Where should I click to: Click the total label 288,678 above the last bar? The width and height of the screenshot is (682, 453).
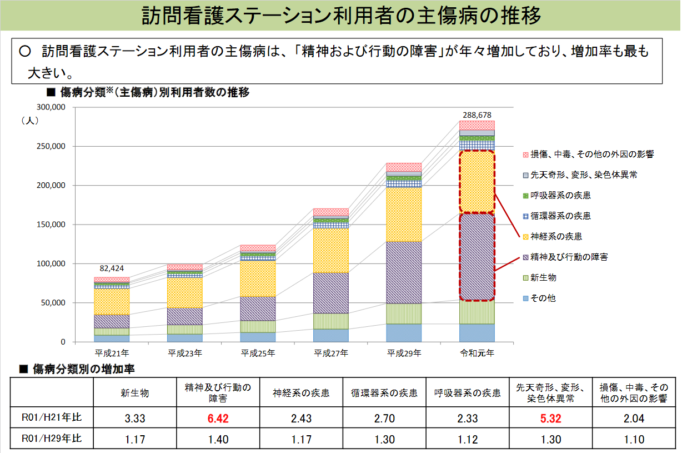pos(477,115)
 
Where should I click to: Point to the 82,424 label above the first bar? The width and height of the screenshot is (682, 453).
pos(111,268)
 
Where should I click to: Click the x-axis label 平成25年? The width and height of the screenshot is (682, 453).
pos(257,353)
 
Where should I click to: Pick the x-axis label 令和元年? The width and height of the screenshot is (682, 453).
pos(477,353)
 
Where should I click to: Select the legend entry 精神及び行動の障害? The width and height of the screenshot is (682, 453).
pos(569,257)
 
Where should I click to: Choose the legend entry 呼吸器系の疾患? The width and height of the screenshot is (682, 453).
pos(560,196)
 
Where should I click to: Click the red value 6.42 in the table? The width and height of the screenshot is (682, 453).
pos(218,418)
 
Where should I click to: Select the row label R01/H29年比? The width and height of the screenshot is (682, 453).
pos(51,439)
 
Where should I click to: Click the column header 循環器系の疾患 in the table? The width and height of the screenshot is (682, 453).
pos(384,394)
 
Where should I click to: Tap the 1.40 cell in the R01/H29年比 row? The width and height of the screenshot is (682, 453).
pos(218,439)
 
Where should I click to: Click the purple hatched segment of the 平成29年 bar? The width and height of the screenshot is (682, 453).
pos(404,272)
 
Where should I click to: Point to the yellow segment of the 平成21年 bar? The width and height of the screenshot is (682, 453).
pos(111,301)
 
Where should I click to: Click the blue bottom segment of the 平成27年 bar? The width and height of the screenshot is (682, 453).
pos(330,335)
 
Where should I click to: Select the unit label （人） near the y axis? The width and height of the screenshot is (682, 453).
pos(29,120)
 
